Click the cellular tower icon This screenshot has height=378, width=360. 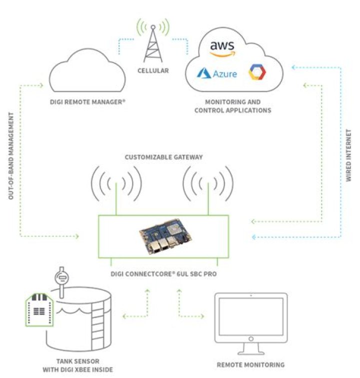tap(153, 40)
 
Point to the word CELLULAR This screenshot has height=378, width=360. tap(153, 70)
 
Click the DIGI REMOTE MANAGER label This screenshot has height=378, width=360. tap(88, 101)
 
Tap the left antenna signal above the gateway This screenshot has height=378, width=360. tap(116, 185)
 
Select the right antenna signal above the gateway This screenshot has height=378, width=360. tap(207, 185)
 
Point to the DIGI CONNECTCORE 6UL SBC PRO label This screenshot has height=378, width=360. tap(163, 274)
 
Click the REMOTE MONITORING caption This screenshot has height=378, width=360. tap(250, 364)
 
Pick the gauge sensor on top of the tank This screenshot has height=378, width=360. tap(63, 278)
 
